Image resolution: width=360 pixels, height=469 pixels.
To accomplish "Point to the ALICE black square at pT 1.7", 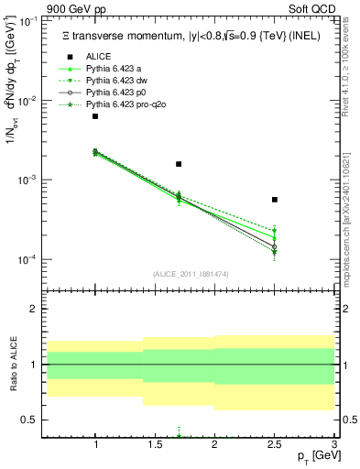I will [179, 164].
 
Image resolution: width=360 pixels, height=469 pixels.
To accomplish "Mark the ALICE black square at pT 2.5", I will [275, 199].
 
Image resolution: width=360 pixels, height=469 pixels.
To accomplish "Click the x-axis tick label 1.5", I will [155, 443].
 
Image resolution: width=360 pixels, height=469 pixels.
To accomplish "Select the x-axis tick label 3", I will [334, 443].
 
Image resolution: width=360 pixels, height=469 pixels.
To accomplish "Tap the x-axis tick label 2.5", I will [275, 443].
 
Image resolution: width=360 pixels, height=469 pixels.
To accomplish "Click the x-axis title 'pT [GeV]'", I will [313, 457].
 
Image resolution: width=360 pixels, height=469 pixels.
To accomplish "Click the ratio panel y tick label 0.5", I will [28, 420].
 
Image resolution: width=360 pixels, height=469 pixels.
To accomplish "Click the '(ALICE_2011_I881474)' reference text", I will [190, 275].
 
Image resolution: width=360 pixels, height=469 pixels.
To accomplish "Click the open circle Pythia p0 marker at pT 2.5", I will [275, 247].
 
